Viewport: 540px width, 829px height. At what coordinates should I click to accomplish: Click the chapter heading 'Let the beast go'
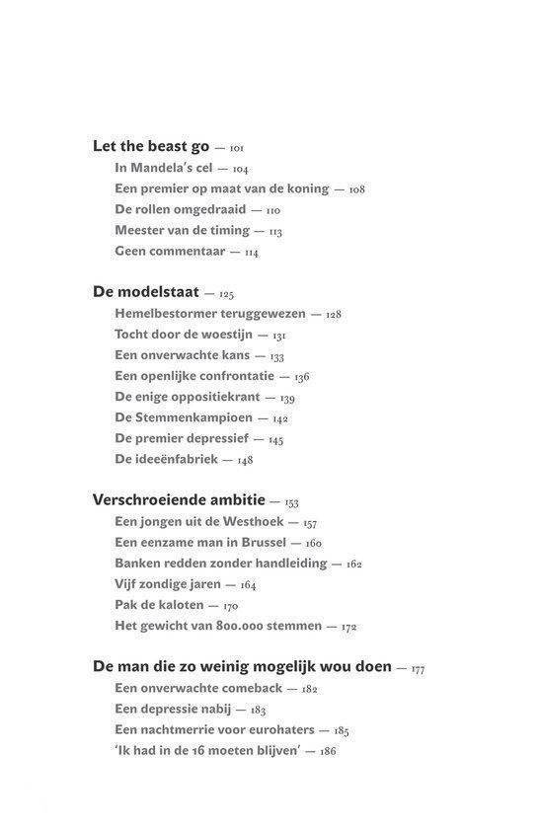(x=151, y=146)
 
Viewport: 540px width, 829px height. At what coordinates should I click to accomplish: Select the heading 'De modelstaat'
(x=146, y=292)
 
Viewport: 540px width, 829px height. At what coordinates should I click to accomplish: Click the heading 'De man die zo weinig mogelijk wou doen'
(x=242, y=666)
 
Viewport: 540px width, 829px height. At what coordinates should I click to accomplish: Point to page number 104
(x=240, y=169)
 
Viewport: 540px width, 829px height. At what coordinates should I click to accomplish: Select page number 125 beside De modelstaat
(x=226, y=293)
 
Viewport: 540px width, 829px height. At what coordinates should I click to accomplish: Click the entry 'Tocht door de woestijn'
(x=184, y=335)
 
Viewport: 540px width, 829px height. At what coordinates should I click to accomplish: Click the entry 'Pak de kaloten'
(x=159, y=604)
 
